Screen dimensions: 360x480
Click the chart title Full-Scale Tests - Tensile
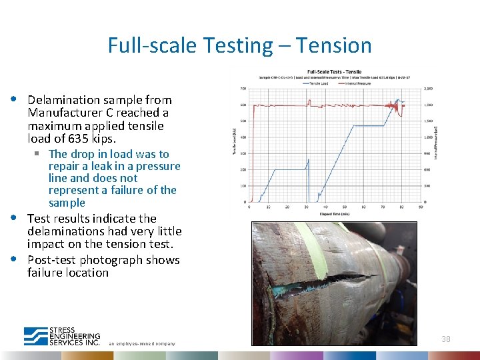334,72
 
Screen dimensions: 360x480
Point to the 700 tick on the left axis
243,89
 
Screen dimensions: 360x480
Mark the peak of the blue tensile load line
399,100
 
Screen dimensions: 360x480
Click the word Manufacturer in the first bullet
60,113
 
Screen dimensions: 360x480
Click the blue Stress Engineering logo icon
35,336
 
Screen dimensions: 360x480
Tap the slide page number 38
445,339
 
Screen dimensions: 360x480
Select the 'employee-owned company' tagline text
142,343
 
